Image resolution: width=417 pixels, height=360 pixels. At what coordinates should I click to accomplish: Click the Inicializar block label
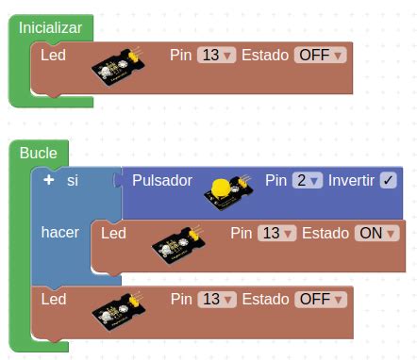click(50, 28)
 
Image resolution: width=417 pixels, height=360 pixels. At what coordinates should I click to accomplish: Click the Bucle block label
click(38, 153)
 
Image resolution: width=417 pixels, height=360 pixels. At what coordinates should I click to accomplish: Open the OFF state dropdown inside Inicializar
click(321, 56)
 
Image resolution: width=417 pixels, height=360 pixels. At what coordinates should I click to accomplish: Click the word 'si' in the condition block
click(72, 180)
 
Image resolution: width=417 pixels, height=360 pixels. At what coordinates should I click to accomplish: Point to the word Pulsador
click(162, 180)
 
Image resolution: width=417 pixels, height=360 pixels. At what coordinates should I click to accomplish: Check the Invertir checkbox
click(388, 180)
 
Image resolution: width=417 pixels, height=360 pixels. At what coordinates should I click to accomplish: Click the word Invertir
click(351, 180)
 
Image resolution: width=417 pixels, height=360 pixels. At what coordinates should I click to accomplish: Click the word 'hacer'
click(60, 232)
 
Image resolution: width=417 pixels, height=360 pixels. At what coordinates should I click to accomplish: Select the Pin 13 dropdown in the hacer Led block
click(275, 233)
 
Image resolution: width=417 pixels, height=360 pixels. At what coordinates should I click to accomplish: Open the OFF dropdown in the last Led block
click(321, 299)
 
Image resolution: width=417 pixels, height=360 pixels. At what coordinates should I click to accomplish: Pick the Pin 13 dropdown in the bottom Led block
click(216, 299)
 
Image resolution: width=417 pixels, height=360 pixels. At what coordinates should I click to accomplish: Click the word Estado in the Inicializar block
click(266, 56)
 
